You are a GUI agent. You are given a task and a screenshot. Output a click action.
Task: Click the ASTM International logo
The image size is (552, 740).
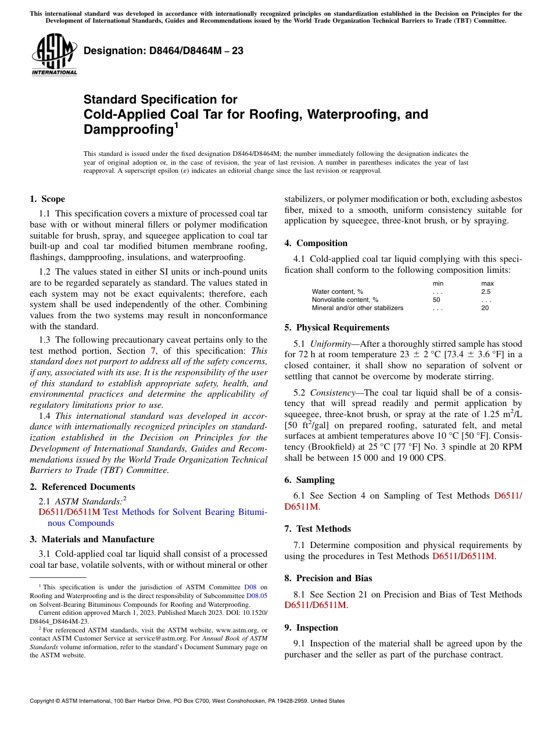pos(54,55)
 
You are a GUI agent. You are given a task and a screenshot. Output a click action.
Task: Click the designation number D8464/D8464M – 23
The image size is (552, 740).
pos(163,51)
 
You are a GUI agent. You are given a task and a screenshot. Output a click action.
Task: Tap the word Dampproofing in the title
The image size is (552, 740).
pos(128,129)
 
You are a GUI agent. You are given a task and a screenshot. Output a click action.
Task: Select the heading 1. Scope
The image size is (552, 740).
pos(48,199)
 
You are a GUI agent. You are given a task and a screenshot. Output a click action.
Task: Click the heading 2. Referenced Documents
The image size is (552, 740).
pos(83,487)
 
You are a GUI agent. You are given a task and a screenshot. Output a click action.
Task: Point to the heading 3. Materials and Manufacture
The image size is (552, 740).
pos(92,539)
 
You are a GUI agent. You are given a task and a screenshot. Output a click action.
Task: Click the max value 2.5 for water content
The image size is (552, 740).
pos(486,291)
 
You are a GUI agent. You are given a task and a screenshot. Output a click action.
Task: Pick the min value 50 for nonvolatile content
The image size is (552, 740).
pos(436,300)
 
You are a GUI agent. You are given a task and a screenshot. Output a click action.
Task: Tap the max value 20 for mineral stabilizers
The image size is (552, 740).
pos(485,308)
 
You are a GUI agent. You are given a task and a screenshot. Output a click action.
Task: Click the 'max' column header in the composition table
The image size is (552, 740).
pos(487,283)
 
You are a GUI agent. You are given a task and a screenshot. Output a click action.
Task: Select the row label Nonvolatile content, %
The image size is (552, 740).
pos(345,300)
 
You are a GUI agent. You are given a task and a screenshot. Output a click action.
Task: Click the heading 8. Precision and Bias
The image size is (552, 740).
pos(328,578)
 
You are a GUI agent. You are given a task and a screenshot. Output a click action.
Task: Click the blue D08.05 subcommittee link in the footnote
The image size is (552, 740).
pos(257,596)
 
